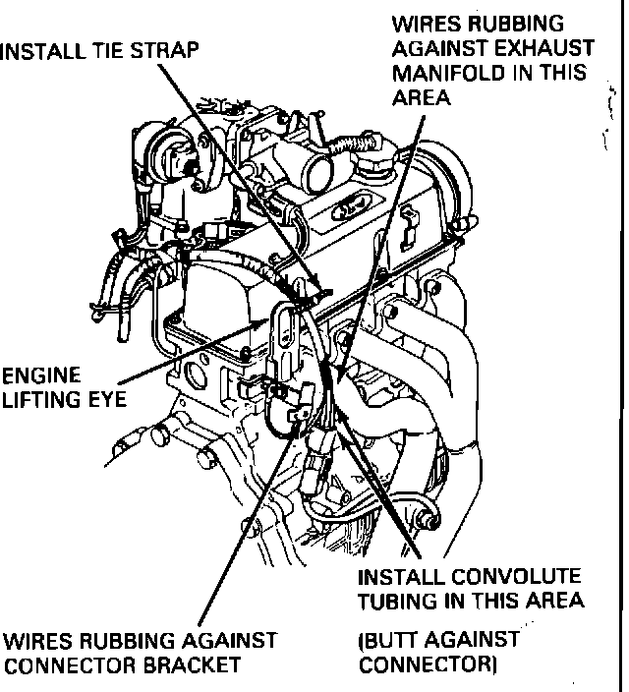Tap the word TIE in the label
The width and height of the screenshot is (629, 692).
tap(114, 49)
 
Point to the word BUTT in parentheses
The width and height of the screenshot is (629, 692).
tap(390, 641)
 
